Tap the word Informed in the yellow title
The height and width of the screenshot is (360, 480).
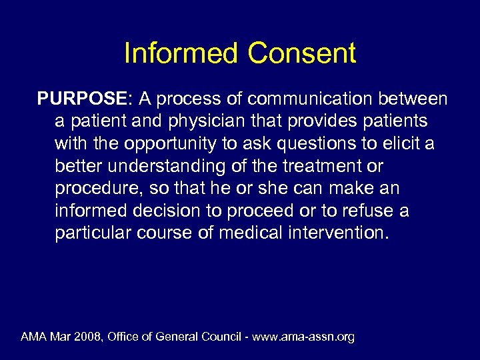point(181,54)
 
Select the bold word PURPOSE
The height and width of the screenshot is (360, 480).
point(84,99)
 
